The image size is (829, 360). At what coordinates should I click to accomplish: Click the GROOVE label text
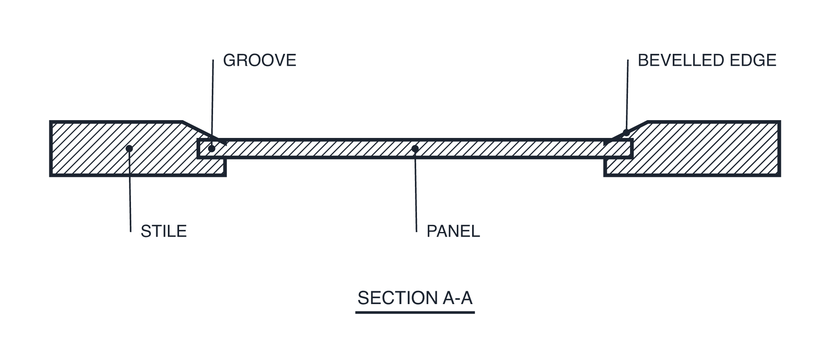click(259, 60)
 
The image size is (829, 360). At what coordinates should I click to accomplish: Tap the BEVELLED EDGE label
click(707, 60)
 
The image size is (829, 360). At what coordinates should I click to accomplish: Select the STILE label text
click(164, 231)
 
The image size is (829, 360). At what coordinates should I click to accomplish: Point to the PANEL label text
click(453, 231)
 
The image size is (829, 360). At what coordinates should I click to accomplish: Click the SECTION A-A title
click(415, 298)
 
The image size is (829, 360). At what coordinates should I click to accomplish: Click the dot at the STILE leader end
click(129, 148)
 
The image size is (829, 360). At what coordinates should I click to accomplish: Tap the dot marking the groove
click(212, 148)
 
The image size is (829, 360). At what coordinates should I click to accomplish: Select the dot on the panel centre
click(415, 148)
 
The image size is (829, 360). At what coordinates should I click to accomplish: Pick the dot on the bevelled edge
click(626, 133)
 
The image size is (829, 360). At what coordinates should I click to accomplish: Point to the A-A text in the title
click(458, 298)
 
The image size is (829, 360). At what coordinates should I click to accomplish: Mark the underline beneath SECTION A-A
click(415, 312)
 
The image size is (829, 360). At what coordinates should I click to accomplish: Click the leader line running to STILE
click(130, 190)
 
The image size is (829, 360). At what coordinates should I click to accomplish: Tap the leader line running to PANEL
click(416, 190)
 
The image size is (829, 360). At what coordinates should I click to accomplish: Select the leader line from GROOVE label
click(213, 104)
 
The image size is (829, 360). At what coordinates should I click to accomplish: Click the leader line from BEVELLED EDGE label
click(627, 96)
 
